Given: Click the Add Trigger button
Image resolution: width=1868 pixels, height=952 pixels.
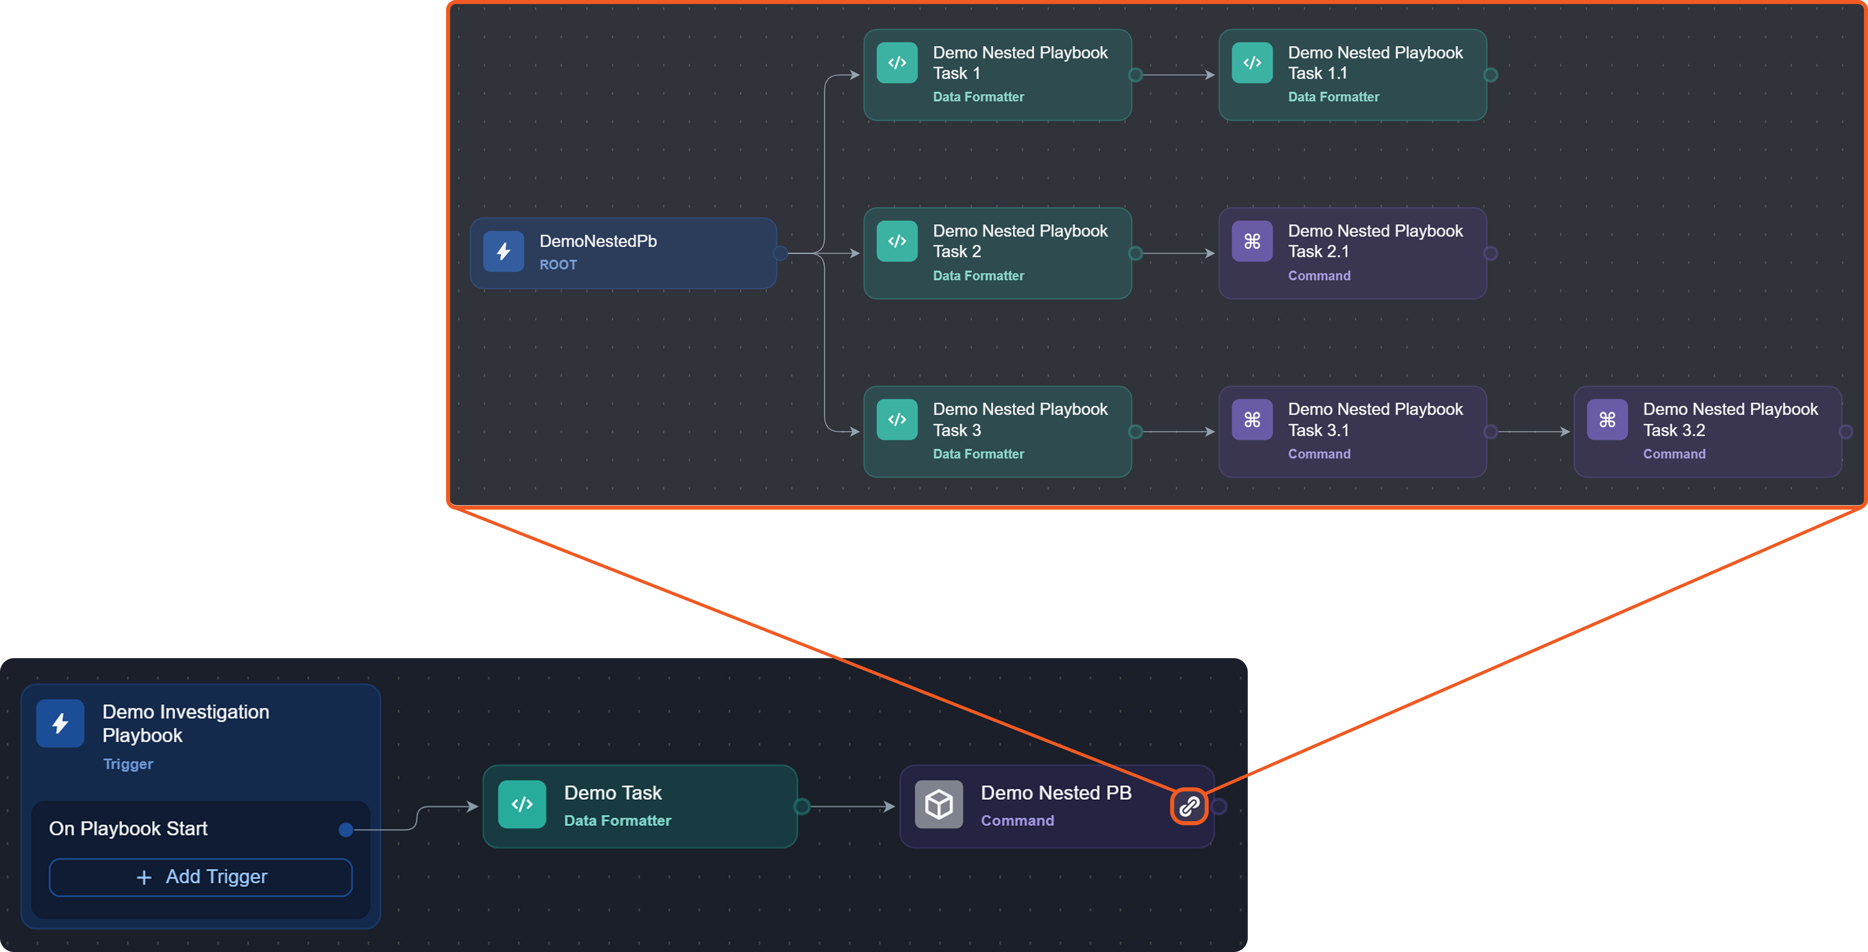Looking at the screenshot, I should pos(201,877).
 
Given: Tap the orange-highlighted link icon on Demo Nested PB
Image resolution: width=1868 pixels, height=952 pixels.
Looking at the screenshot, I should pos(1189,806).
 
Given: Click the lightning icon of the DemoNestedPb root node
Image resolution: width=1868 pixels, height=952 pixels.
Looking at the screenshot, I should pos(503,252).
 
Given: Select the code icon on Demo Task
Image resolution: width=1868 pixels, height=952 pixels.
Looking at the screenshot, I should pos(522,804).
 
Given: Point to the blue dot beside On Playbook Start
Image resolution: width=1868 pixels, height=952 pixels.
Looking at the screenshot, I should pos(346,829).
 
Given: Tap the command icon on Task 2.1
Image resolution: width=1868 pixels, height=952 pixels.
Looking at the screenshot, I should pos(1252,242).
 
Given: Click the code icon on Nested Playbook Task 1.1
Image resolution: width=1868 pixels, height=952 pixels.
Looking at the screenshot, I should pos(1252,63).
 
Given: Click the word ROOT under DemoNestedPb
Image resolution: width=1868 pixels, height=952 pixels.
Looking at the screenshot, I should pos(558,265).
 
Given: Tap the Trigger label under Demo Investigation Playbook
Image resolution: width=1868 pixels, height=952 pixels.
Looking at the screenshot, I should pos(128,764).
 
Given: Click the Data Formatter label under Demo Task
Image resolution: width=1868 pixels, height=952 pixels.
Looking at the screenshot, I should pos(617,821).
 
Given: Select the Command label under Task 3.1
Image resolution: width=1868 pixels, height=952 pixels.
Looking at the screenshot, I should pos(1318,454).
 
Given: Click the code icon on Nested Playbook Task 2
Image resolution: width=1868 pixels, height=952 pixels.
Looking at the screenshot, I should pos(897,242).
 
